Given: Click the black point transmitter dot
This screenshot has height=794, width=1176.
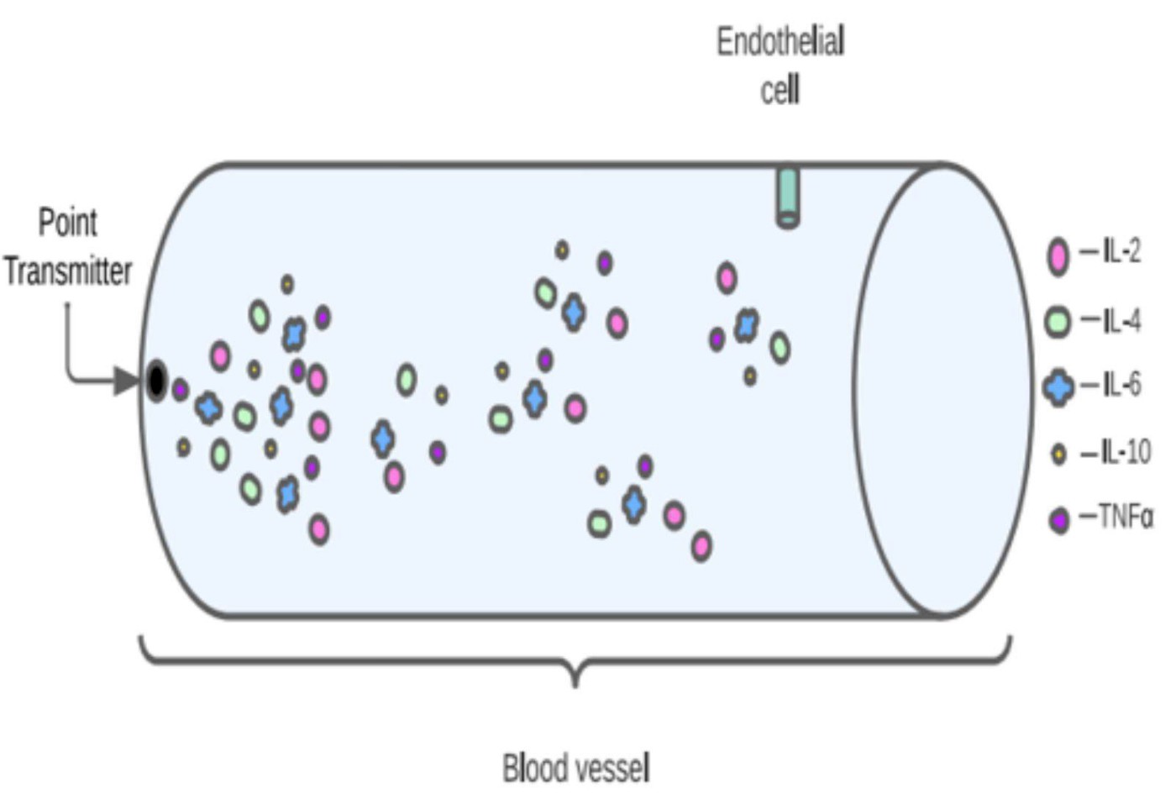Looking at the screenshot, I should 156,381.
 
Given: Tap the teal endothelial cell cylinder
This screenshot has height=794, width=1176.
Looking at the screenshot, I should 787,197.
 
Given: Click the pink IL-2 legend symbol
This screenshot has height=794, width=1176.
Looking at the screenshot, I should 1058,255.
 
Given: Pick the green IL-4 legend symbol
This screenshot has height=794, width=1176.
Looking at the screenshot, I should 1058,321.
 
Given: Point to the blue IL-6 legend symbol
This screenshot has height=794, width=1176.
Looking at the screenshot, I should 1058,387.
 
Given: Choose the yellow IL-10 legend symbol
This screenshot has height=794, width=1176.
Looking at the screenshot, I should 1058,455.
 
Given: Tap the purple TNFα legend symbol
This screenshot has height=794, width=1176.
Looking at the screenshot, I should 1059,520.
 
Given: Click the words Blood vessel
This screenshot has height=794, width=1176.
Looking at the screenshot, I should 575,768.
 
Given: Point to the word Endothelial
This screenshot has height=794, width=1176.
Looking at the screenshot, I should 780,41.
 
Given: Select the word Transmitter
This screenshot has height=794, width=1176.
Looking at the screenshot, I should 68,271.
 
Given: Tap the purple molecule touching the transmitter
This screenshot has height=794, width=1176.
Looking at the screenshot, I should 180,390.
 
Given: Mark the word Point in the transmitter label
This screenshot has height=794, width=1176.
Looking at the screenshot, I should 68,223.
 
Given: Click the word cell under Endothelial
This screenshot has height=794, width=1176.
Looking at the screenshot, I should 780,90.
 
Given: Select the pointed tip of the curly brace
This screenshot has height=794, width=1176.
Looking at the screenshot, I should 575,684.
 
